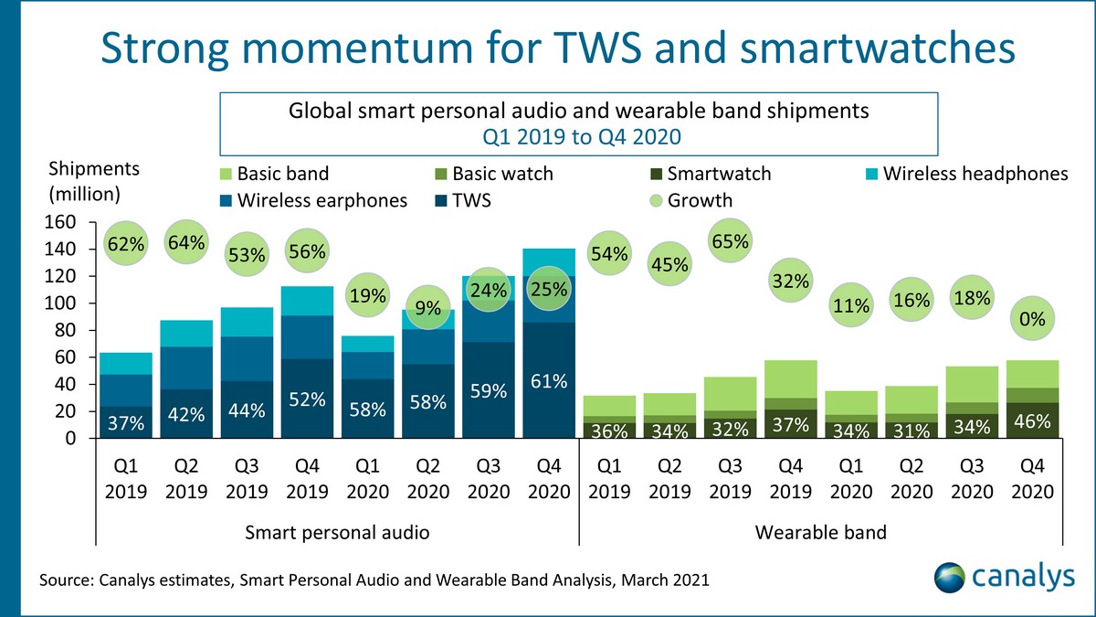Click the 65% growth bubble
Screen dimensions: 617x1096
(x=731, y=242)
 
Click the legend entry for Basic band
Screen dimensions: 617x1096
(x=273, y=174)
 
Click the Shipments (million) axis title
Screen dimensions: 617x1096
(x=94, y=181)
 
